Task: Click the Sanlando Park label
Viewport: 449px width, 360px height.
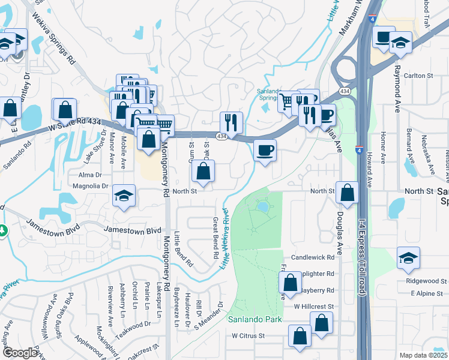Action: click(255, 319)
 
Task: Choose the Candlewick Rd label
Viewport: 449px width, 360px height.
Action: click(312, 257)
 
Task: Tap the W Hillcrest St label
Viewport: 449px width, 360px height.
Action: click(313, 306)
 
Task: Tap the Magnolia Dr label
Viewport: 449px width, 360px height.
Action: click(89, 186)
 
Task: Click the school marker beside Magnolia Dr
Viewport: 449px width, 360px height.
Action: click(124, 196)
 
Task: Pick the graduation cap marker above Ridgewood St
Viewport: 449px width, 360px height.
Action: click(408, 258)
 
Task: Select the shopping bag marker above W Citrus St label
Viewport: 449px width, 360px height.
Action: click(322, 323)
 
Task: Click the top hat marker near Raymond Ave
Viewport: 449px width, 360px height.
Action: click(382, 37)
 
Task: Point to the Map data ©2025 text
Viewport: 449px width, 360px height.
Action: click(423, 355)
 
